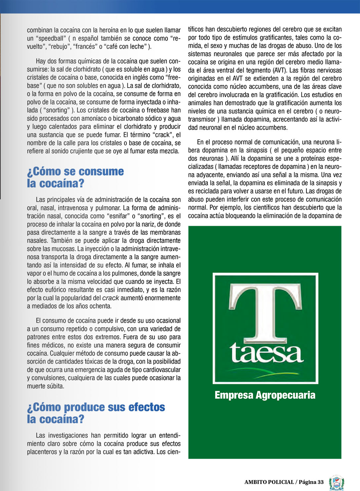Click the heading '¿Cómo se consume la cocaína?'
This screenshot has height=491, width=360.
pos(75,177)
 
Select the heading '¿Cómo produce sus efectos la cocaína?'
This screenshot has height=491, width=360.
pos(96,413)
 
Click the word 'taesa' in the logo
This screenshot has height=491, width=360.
pos(266,353)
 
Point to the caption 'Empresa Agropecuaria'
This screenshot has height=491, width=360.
pos(265,395)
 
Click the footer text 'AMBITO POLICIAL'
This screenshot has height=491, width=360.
pos(269,482)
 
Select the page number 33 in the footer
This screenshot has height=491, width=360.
pos(320,482)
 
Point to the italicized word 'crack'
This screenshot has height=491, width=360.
pos(111,298)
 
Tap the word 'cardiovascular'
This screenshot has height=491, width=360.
pos(160,370)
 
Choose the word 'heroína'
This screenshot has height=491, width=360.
pos(113,30)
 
